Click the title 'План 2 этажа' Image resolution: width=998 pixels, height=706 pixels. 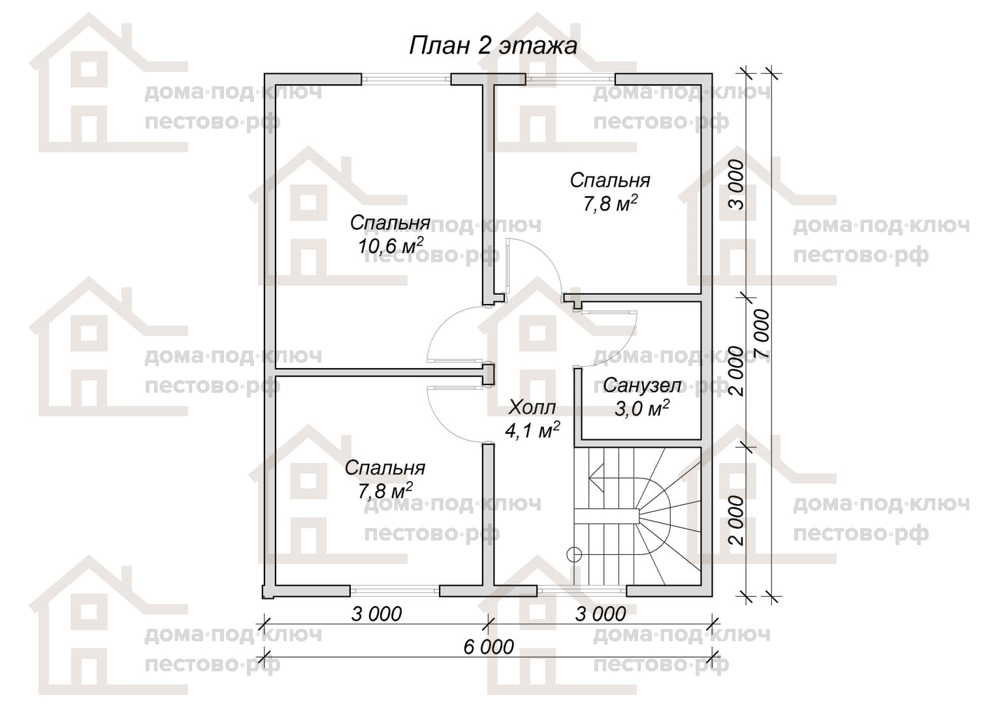493,46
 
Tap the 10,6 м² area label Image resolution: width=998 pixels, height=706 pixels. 391,245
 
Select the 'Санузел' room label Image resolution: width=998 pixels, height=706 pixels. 642,386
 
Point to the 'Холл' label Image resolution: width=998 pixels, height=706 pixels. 532,407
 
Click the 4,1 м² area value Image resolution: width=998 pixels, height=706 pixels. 532,430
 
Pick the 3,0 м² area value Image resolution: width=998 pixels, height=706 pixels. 642,409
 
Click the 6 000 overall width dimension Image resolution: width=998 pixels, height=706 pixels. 489,647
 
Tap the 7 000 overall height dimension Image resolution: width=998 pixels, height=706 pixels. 762,332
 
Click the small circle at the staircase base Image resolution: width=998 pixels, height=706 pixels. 574,555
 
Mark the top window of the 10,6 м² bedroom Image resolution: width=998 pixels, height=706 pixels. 406,79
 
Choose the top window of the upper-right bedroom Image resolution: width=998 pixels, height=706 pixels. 570,79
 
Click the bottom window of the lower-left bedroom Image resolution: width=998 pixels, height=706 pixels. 394,591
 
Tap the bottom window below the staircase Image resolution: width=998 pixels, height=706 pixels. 581,591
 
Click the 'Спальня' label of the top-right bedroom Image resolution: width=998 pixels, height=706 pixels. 610,180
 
